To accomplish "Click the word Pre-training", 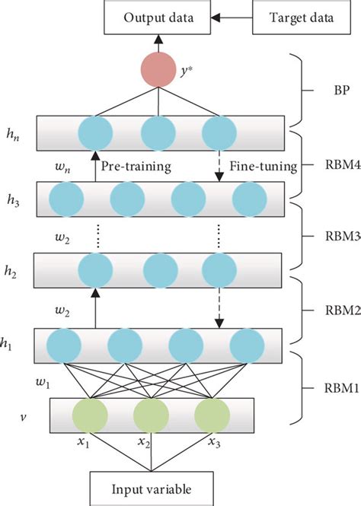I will pyautogui.click(x=136, y=164).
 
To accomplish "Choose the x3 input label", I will pyautogui.click(x=216, y=442).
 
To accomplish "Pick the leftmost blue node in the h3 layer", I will pyautogui.click(x=65, y=200).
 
